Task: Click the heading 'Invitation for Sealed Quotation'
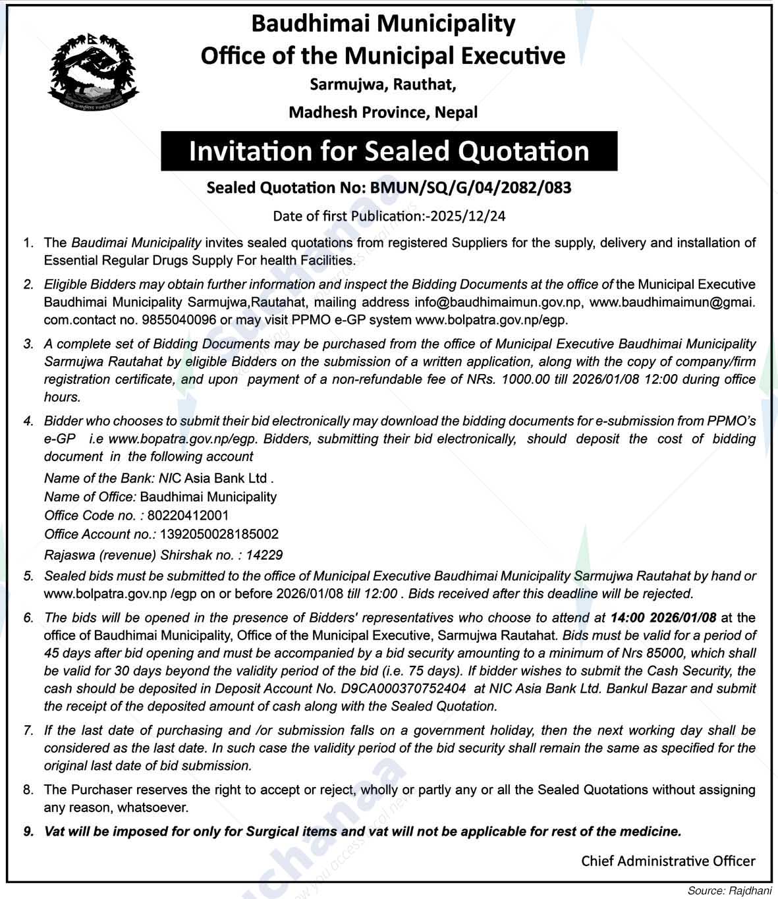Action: pyautogui.click(x=389, y=151)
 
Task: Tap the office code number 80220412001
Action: pyautogui.click(x=188, y=515)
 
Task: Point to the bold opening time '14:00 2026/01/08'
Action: pyautogui.click(x=665, y=618)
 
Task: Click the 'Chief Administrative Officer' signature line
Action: pyautogui.click(x=668, y=861)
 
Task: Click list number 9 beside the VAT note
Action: pyautogui.click(x=29, y=832)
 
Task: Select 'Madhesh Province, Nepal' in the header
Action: pyautogui.click(x=383, y=113)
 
